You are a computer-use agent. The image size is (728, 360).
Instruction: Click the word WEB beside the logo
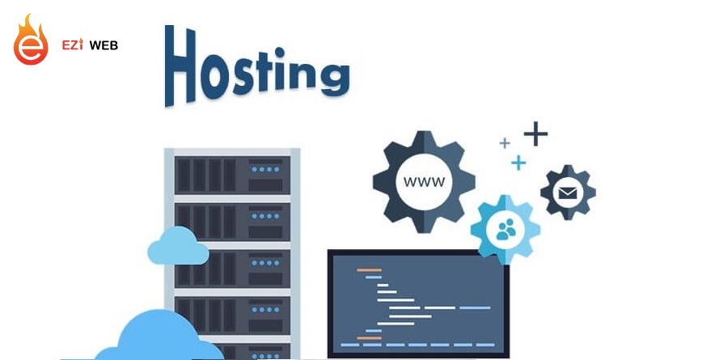(x=104, y=46)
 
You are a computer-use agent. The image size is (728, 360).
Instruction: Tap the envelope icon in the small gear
(x=568, y=193)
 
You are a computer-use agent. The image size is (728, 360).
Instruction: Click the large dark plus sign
(x=535, y=133)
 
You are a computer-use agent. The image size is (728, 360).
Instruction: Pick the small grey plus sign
(x=505, y=143)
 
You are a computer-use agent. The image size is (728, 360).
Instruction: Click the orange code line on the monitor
(x=369, y=269)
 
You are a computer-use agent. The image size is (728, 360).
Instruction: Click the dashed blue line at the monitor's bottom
(x=416, y=345)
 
